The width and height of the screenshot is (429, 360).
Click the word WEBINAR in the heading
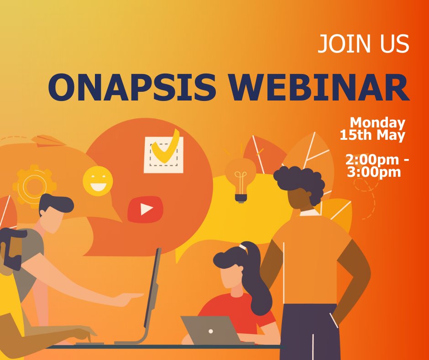click(319, 87)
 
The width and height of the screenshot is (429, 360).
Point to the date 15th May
click(372, 135)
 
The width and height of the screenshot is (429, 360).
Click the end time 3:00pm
click(373, 172)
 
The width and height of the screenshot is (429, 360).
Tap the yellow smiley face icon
click(98, 181)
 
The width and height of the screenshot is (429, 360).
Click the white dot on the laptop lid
click(210, 331)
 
